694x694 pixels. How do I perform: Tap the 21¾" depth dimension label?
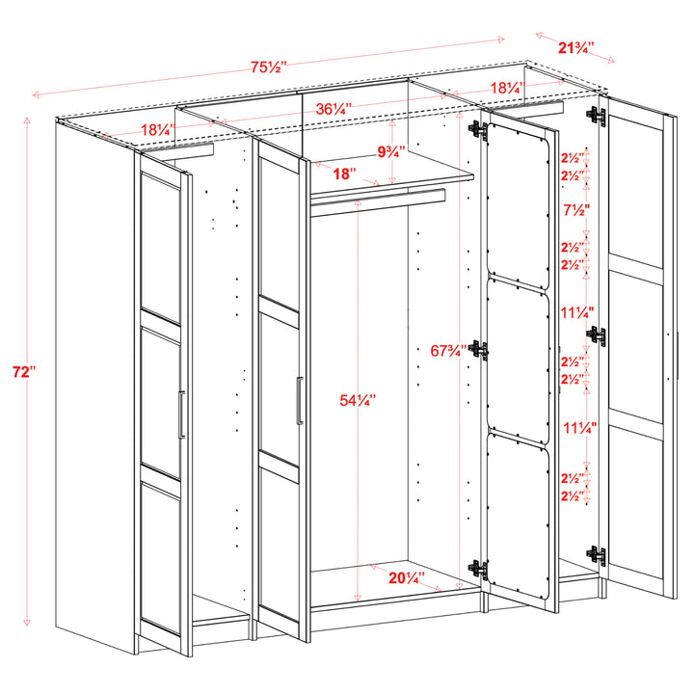[575, 45]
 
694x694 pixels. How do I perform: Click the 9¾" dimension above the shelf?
[391, 151]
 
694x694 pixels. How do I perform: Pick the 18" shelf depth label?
[344, 173]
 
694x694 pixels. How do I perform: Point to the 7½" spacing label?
[577, 210]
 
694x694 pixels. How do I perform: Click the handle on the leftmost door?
[180, 414]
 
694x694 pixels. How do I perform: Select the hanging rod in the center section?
[377, 198]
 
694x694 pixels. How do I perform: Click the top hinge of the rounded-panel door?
[475, 130]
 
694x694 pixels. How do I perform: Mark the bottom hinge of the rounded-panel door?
[475, 570]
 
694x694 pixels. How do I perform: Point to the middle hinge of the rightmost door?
[597, 335]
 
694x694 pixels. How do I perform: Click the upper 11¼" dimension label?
[577, 312]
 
